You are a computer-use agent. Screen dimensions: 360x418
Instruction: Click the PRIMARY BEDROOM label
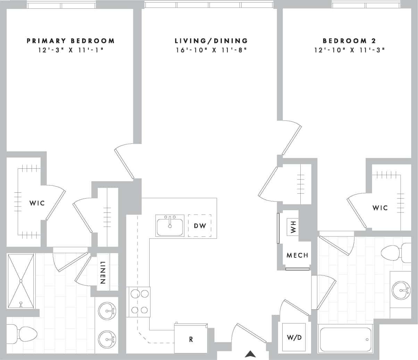(x=70, y=41)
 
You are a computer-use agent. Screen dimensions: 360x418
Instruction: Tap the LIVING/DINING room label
(x=211, y=41)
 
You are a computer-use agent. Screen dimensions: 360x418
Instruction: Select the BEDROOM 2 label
(x=349, y=41)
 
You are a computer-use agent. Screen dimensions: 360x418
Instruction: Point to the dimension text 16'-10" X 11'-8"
(x=211, y=50)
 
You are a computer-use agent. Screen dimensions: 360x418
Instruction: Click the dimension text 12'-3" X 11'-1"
(x=70, y=50)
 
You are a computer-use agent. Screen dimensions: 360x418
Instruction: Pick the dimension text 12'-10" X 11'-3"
(x=349, y=50)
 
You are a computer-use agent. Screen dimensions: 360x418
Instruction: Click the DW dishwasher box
(x=200, y=226)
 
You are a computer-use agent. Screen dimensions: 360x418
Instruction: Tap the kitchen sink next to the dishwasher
(x=170, y=226)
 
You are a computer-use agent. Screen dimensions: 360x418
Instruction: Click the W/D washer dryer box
(x=294, y=337)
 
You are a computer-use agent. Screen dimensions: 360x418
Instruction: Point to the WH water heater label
(x=293, y=228)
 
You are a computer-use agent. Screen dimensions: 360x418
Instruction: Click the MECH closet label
(x=297, y=255)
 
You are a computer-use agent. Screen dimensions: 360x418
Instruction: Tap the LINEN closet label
(x=103, y=273)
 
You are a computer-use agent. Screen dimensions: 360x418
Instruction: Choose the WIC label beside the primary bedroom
(x=37, y=203)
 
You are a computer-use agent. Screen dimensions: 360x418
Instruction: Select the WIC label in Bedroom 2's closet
(x=380, y=208)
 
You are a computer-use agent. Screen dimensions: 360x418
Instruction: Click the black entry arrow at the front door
(x=250, y=354)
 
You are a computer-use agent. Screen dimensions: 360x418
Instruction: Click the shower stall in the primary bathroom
(x=21, y=281)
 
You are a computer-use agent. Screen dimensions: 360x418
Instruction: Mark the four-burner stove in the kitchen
(x=139, y=302)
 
